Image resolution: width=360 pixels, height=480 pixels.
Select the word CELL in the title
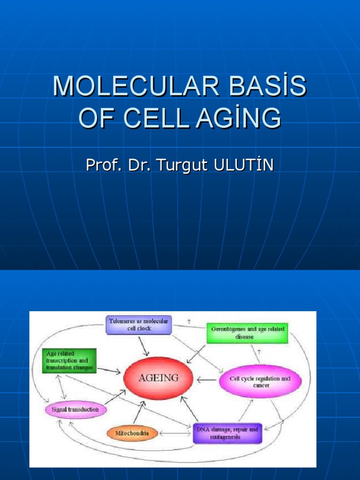pos(158,118)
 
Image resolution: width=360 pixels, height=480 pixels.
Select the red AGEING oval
pos(158,378)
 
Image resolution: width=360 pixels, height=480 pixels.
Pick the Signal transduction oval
pos(75,409)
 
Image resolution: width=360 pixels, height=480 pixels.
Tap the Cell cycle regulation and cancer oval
pos(260,382)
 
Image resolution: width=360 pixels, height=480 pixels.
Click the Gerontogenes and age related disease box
pos(247,333)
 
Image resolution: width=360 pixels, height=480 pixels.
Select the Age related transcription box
pos(69,360)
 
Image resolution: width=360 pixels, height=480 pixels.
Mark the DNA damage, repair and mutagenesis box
pos(227,433)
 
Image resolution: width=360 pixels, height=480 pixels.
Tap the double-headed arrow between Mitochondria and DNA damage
pos(174,434)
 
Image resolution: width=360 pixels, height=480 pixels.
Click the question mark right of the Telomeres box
pos(189,322)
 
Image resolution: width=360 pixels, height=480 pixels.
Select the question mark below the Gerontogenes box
pos(259,351)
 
